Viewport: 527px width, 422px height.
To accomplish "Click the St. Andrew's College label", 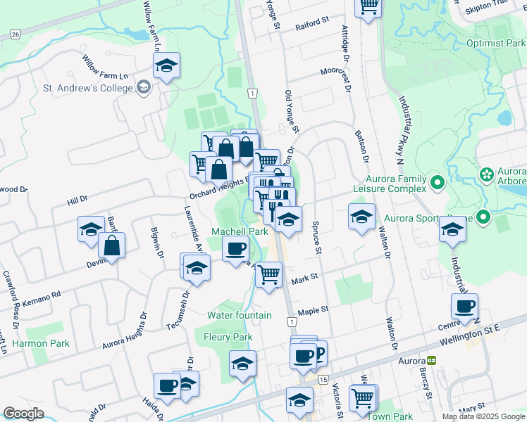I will [88, 88].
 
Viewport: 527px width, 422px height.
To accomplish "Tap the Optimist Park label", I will [496, 43].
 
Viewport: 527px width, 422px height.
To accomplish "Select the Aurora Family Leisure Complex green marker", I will [438, 184].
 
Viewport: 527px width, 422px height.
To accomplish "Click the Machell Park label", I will [240, 231].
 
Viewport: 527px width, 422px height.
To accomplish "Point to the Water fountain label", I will [239, 315].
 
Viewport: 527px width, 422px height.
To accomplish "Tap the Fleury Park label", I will [228, 338].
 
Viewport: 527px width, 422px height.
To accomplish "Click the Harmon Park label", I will [41, 344].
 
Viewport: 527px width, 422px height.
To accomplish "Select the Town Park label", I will [390, 416].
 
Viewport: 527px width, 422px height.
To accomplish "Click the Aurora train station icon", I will [431, 360].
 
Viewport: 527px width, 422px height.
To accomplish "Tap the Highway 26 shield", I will [15, 33].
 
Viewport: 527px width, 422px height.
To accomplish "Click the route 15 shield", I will [323, 379].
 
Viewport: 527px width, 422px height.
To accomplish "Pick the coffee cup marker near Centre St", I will [464, 306].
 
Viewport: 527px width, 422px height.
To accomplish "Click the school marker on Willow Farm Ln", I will [167, 67].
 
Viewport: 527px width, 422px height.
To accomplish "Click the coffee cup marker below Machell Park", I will [235, 248].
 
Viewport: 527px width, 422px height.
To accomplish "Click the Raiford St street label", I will [313, 23].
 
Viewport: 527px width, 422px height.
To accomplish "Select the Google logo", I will [23, 414].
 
